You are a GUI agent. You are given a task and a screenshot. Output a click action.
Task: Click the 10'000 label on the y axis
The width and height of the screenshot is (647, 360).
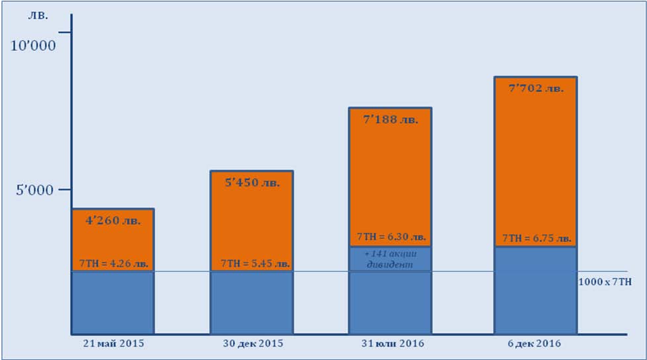(32, 46)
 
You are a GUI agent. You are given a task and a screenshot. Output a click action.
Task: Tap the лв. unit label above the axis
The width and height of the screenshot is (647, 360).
(38, 15)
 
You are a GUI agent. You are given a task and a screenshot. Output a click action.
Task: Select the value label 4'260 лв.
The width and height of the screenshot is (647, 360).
(112, 221)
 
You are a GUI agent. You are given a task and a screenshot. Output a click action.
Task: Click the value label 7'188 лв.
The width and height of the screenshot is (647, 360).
(390, 120)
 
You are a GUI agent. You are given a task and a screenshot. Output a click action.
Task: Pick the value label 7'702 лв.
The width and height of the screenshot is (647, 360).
(536, 89)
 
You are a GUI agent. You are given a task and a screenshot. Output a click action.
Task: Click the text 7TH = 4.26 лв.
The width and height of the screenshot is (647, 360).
(113, 263)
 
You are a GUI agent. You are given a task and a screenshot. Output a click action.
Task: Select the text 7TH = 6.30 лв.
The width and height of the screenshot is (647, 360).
(391, 237)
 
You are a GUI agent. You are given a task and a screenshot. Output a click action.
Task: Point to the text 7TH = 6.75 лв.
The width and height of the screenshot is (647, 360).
(536, 238)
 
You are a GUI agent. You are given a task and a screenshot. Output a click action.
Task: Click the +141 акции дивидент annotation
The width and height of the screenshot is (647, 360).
(390, 259)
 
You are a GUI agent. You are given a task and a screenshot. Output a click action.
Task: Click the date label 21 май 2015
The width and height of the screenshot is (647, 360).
(113, 343)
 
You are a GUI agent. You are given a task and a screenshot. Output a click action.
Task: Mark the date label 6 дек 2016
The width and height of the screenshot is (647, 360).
(536, 343)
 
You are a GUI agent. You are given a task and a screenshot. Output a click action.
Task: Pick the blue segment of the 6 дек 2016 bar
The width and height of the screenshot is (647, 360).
(536, 291)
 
